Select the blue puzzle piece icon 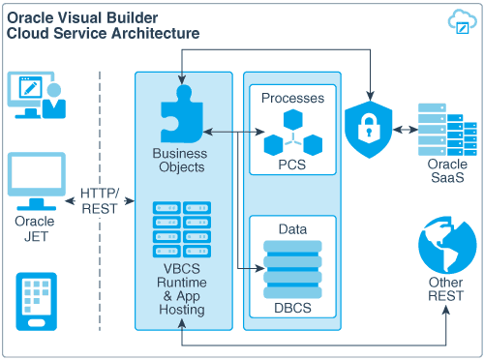click(x=178, y=115)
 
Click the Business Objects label click(x=179, y=160)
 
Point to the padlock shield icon click(x=370, y=130)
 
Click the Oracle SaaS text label click(x=446, y=171)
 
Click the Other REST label click(x=446, y=289)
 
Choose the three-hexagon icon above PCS click(x=292, y=132)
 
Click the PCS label click(x=292, y=164)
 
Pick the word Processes click(x=292, y=99)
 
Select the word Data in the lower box click(x=292, y=229)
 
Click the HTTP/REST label click(x=100, y=200)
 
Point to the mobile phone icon click(x=35, y=300)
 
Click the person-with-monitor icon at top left click(x=35, y=95)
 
